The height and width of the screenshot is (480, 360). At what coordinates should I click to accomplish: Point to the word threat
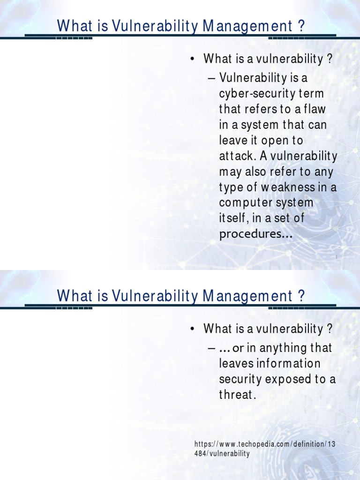[x=237, y=395]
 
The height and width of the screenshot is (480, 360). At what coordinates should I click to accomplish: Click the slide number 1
[x=336, y=257]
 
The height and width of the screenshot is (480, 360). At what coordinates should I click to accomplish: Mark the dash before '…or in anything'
[x=211, y=348]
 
